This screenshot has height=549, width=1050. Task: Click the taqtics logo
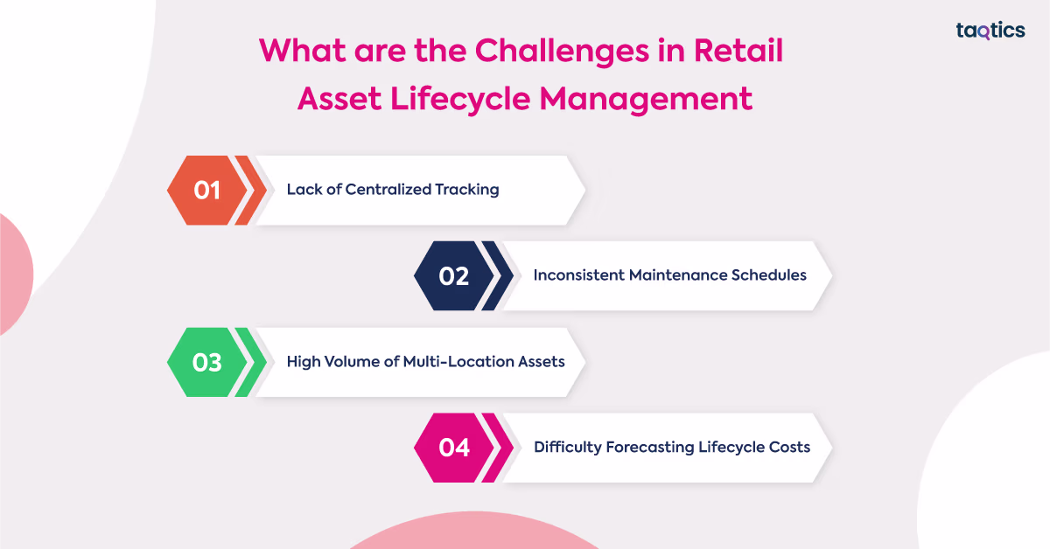point(990,31)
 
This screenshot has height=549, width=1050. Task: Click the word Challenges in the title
point(562,52)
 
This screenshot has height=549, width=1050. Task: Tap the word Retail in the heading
point(738,50)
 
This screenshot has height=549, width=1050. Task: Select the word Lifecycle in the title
point(460,100)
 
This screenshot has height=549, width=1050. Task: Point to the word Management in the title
point(646,100)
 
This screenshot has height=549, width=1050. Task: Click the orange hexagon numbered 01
point(207,191)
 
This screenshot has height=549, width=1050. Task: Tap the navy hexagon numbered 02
point(454,276)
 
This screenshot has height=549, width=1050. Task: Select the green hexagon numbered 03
point(207,362)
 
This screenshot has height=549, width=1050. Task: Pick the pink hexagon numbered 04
point(454,448)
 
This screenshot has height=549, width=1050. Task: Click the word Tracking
point(467,190)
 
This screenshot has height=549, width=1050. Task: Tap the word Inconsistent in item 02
point(579,275)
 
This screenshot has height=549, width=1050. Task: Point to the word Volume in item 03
point(352,362)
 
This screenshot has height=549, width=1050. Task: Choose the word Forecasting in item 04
point(650,448)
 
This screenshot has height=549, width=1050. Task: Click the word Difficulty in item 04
point(568,448)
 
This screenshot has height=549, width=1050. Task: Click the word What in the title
point(303,50)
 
